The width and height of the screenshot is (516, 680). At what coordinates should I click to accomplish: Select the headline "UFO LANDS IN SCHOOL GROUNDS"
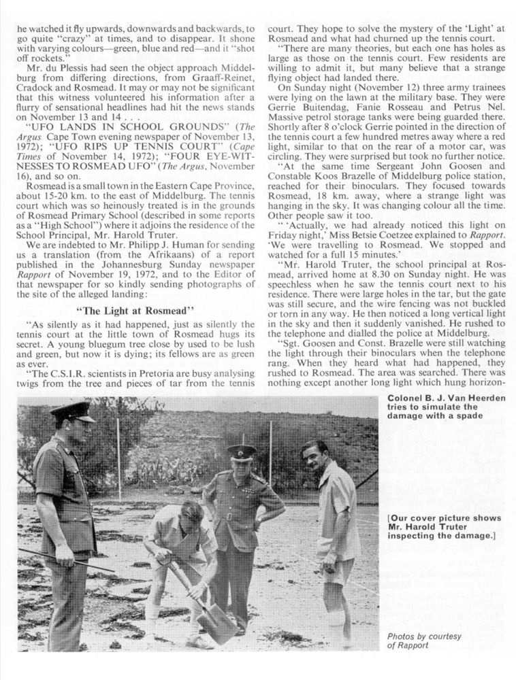tap(114, 126)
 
